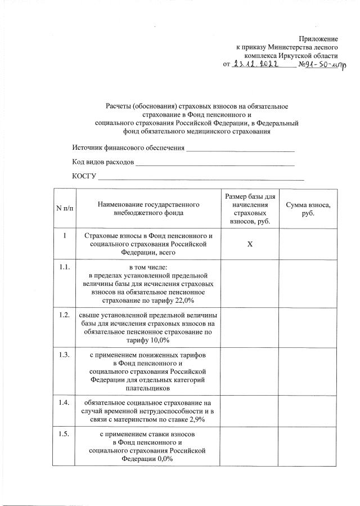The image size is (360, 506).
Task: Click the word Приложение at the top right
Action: (318, 39)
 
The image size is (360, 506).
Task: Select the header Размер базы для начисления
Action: (250, 209)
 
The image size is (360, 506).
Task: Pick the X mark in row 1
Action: (250, 245)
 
